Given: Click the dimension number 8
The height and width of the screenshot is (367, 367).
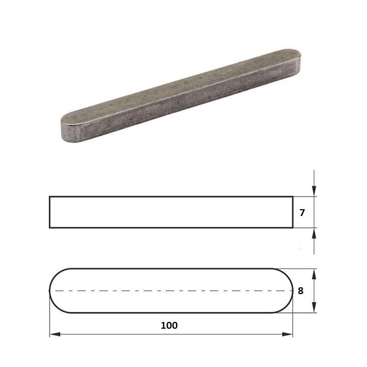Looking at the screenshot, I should (x=300, y=290).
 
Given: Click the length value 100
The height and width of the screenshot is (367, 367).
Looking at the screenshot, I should (x=170, y=325).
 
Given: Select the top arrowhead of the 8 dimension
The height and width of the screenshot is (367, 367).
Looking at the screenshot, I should (x=314, y=272).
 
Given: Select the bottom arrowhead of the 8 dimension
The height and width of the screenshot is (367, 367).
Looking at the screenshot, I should (x=314, y=309).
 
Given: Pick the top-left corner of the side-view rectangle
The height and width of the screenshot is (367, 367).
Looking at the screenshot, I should (x=50, y=197).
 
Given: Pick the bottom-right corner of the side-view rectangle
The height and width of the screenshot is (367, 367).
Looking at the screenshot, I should (x=292, y=228).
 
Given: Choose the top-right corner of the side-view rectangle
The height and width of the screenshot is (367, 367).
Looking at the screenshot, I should (x=292, y=197).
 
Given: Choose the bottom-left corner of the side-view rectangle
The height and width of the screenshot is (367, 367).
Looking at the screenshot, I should (x=50, y=228).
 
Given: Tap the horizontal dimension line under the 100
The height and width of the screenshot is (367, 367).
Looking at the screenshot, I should (x=131, y=333).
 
